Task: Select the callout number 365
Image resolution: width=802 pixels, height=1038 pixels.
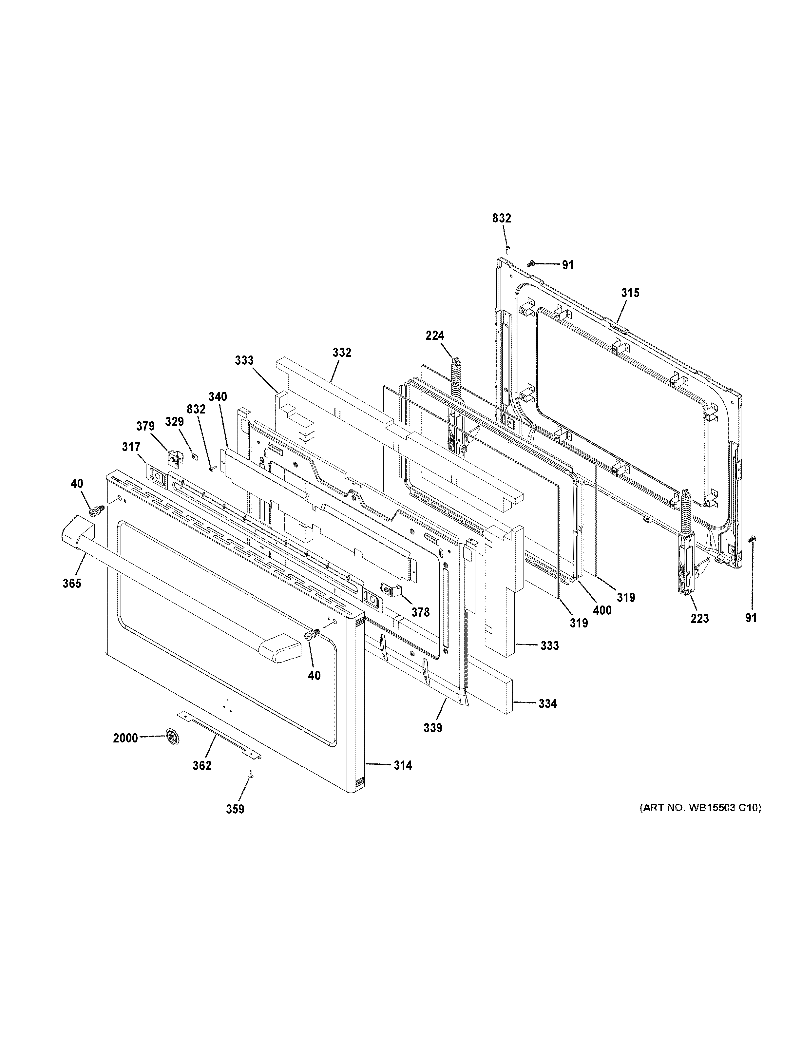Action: [x=72, y=583]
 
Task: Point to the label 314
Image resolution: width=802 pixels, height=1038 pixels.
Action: [x=402, y=778]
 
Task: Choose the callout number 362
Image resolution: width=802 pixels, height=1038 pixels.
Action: [x=201, y=766]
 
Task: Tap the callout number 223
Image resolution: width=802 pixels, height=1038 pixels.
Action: [x=699, y=618]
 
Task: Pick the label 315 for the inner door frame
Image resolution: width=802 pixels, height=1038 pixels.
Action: [x=630, y=293]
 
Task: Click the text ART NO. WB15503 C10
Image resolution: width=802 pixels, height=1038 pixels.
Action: [x=700, y=807]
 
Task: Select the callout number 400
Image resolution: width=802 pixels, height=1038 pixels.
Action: [x=602, y=610]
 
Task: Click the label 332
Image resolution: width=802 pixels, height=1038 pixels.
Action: [x=342, y=352]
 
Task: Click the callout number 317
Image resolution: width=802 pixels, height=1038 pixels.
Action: [x=131, y=447]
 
